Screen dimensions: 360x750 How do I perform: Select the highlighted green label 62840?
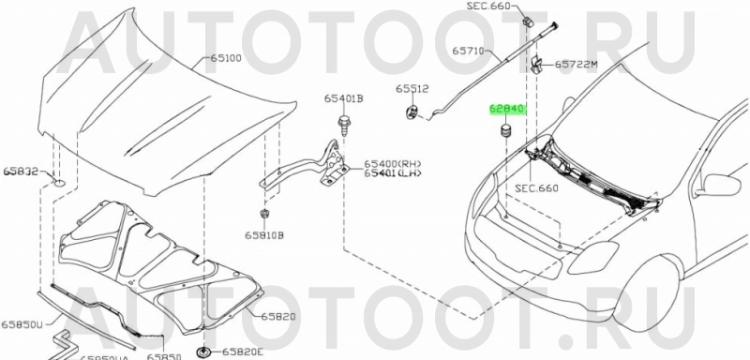(507, 109)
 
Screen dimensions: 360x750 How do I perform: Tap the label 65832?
(20, 172)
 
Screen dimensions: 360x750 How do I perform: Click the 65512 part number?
(412, 89)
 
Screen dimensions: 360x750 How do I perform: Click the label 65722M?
(577, 65)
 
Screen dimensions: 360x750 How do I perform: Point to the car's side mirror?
(720, 184)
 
